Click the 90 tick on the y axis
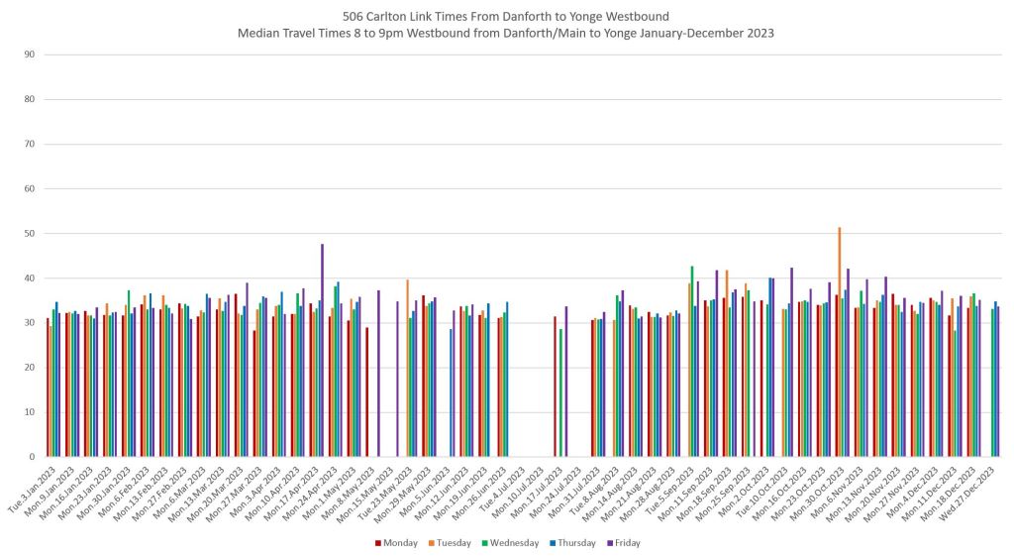pos(30,55)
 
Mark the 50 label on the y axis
pos(30,234)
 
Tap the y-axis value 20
pos(30,368)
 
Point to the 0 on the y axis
pos(33,457)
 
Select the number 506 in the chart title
pos(355,17)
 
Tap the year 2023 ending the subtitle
pos(758,33)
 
